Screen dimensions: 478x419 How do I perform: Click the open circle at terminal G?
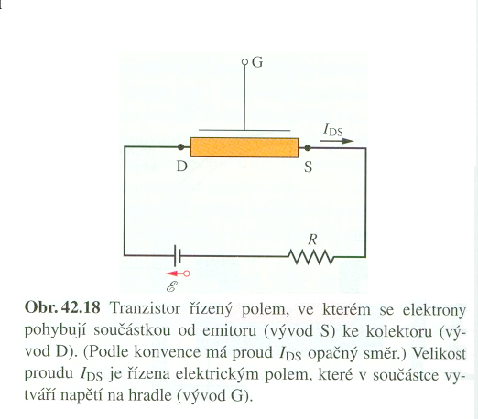pyautogui.click(x=244, y=62)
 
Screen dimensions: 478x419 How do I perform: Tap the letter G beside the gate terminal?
pyautogui.click(x=257, y=62)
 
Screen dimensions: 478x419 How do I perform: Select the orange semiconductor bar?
pyautogui.click(x=244, y=147)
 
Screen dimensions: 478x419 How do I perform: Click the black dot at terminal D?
pyautogui.click(x=180, y=147)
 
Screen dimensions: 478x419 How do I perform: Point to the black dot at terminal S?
pyautogui.click(x=308, y=148)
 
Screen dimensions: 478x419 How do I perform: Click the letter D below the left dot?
pyautogui.click(x=182, y=167)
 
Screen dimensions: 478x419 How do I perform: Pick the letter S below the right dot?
pyautogui.click(x=309, y=167)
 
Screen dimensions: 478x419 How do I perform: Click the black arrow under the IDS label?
pyautogui.click(x=337, y=141)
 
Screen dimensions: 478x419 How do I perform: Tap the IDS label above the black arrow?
pyautogui.click(x=333, y=129)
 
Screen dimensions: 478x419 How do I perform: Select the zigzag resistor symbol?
pyautogui.click(x=311, y=257)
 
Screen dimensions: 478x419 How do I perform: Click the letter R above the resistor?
pyautogui.click(x=312, y=240)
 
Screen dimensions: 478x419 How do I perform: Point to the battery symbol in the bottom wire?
pyautogui.click(x=178, y=255)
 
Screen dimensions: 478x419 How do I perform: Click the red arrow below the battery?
pyautogui.click(x=178, y=274)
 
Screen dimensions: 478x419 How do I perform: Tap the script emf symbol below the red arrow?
pyautogui.click(x=172, y=286)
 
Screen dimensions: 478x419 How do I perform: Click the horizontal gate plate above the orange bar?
pyautogui.click(x=244, y=130)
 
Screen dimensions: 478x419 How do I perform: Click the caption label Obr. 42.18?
pyautogui.click(x=62, y=307)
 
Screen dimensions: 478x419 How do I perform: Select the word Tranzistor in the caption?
pyautogui.click(x=145, y=308)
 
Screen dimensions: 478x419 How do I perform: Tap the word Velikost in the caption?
pyautogui.click(x=440, y=354)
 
